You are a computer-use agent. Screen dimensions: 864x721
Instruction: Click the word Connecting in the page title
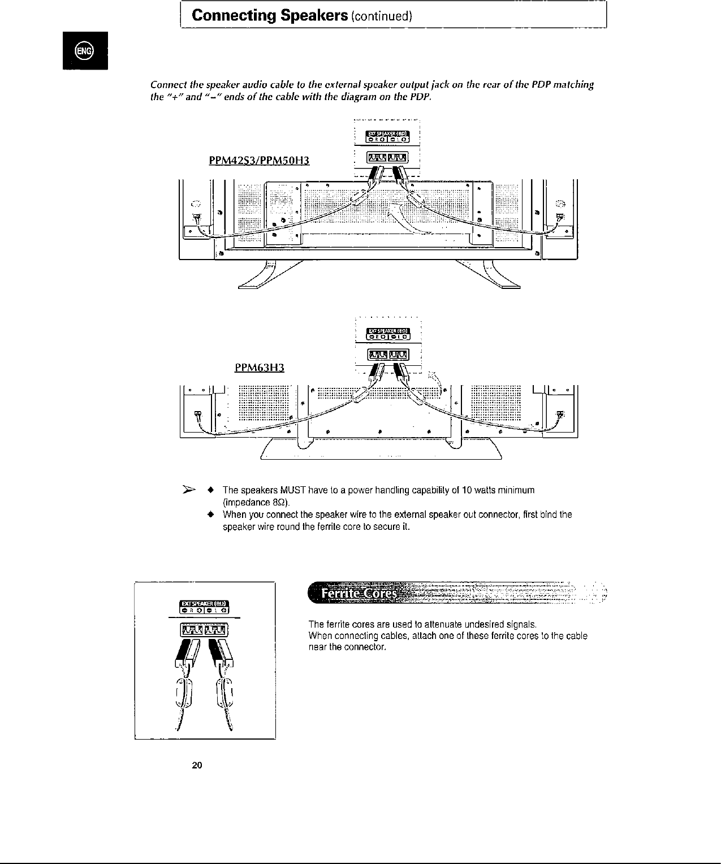[x=230, y=15]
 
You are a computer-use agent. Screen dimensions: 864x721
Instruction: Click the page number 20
[x=197, y=766]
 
